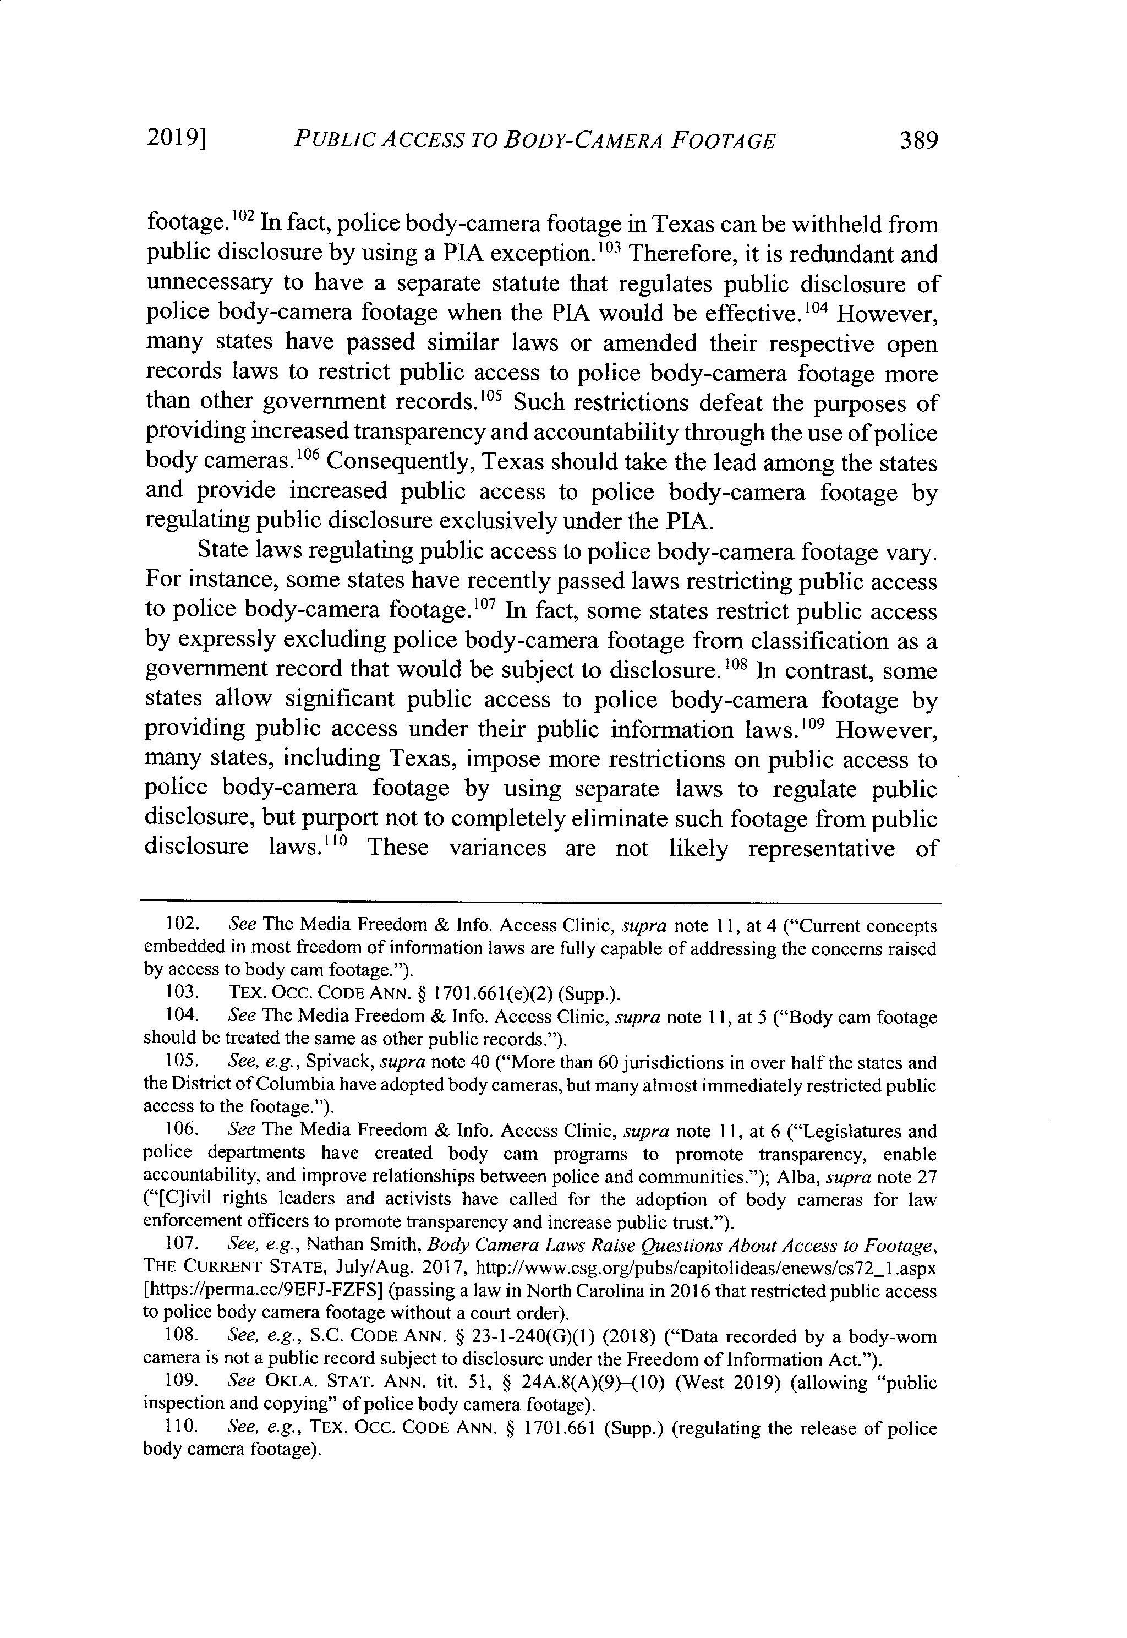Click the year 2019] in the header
(x=177, y=139)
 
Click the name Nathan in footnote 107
(x=337, y=1244)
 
